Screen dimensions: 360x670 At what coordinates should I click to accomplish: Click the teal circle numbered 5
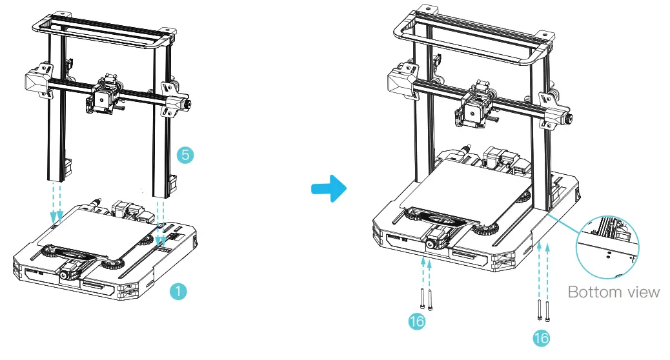tap(185, 155)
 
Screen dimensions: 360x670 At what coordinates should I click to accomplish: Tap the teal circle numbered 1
tap(178, 291)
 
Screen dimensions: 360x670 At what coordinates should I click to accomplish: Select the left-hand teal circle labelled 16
tap(418, 321)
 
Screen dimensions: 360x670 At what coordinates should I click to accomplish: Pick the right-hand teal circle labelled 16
tap(542, 337)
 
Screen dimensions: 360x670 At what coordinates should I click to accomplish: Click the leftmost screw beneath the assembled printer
tap(421, 297)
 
